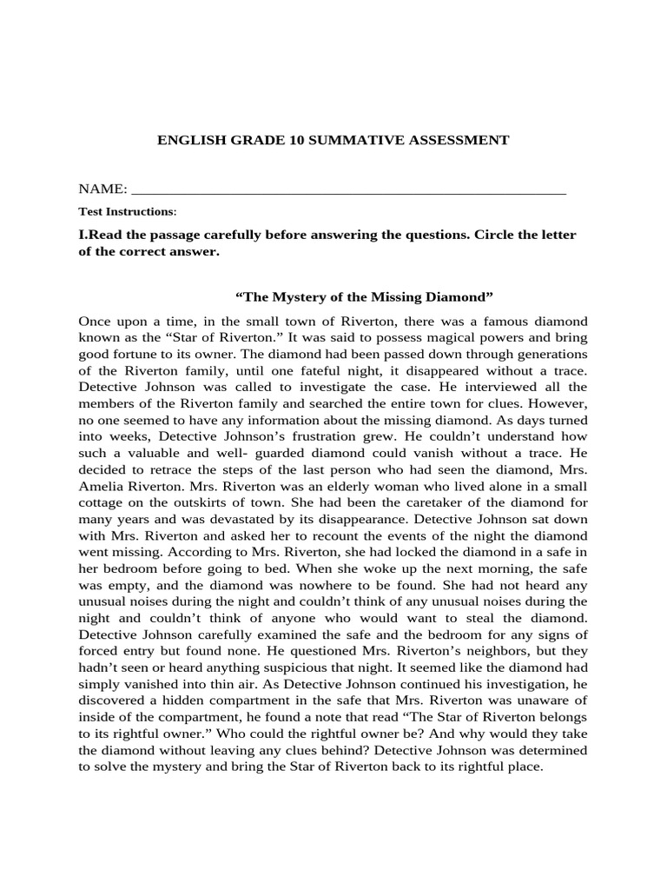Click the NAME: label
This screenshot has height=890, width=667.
click(x=102, y=189)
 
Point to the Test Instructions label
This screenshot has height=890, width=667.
click(x=126, y=211)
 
